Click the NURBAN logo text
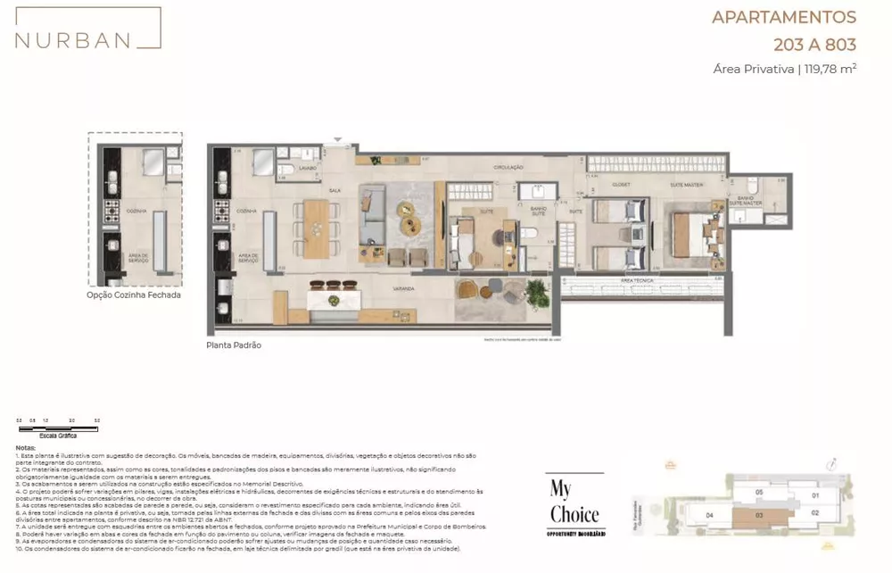click(72, 39)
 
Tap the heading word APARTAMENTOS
click(783, 17)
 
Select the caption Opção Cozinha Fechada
click(134, 295)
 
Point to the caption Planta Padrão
click(234, 345)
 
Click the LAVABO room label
click(308, 167)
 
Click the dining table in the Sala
click(317, 227)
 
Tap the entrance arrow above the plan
click(337, 139)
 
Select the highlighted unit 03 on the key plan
click(758, 516)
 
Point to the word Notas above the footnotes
click(27, 447)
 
